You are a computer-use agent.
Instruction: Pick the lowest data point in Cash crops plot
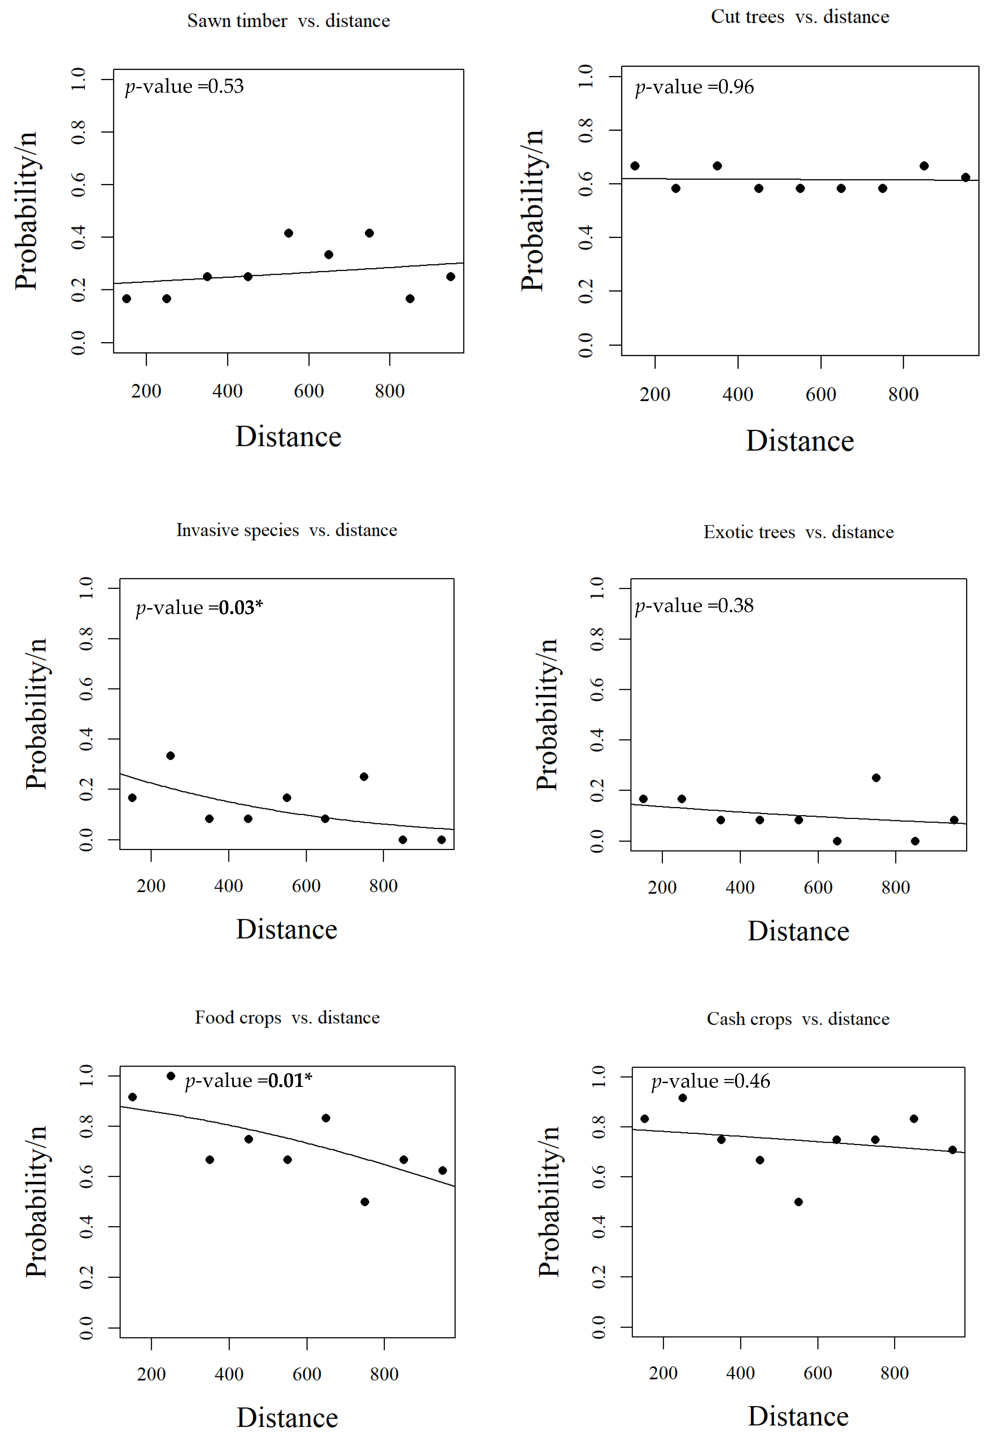(x=798, y=1202)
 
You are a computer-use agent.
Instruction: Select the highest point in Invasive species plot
(x=171, y=755)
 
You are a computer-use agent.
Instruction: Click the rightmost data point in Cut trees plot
(x=965, y=177)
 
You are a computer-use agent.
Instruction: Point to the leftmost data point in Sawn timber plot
(x=126, y=299)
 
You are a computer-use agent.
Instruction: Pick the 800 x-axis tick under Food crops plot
(x=384, y=1374)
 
